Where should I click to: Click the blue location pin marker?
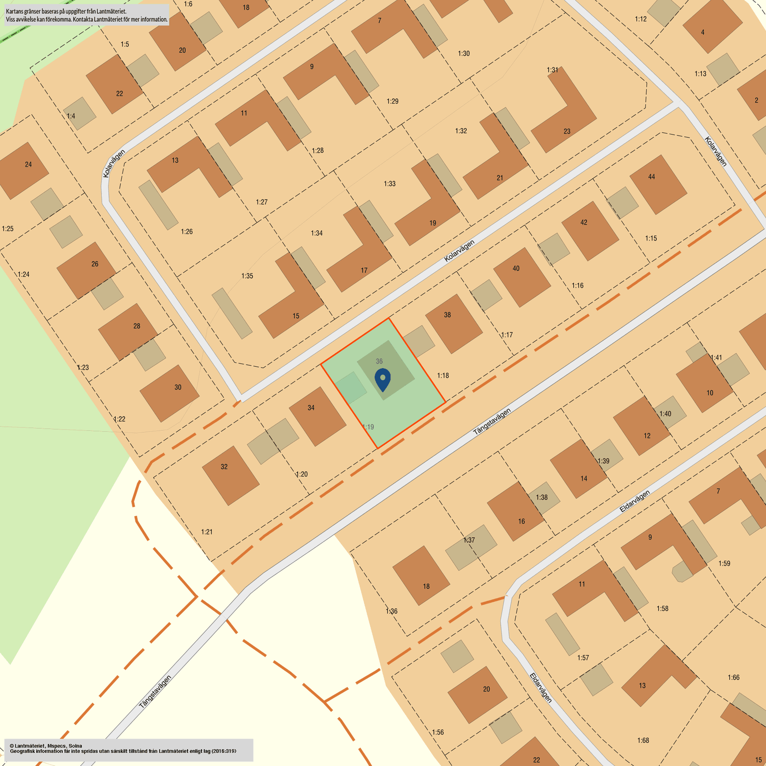pos(383,379)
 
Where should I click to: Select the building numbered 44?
pos(658,185)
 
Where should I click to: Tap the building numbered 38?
pos(454,324)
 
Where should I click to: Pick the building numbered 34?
pos(317,416)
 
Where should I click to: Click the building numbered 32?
pos(231,475)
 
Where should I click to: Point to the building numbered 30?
pos(169,393)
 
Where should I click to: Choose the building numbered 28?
pos(128,331)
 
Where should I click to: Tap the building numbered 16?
pos(515,511)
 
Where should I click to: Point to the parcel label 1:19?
pos(368,427)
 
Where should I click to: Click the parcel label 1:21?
pos(207,532)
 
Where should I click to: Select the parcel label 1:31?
pos(552,70)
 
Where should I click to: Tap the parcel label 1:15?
pos(651,238)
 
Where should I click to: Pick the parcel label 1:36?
pos(391,611)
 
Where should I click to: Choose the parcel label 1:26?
pos(187,231)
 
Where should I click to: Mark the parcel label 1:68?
pos(643,740)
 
